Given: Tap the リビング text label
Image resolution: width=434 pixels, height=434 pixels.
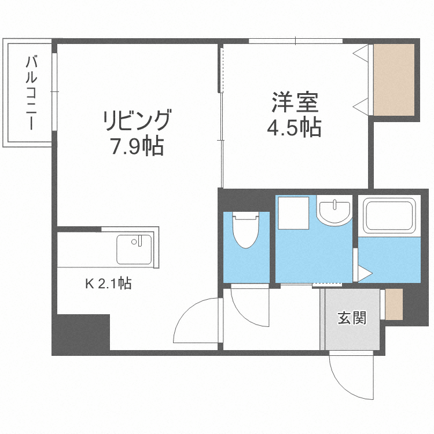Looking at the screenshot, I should point(137,121).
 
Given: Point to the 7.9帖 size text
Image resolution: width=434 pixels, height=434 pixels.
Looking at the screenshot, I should point(137,147).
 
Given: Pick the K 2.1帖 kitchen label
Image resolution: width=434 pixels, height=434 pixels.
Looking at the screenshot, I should point(108,284).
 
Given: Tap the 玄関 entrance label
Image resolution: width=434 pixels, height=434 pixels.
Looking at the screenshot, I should point(352,318).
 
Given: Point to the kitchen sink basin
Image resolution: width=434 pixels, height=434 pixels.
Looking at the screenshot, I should point(134,248).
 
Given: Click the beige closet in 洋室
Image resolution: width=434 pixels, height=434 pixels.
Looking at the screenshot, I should point(394,79).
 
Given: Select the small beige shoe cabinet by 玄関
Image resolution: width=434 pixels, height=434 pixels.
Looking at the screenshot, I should point(393,304).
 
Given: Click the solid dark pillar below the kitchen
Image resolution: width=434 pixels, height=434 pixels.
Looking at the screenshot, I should point(82,333).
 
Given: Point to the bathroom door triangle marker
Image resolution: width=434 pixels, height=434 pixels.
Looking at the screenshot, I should point(363,272).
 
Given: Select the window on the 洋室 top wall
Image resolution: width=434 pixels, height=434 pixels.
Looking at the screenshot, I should point(295,41).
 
